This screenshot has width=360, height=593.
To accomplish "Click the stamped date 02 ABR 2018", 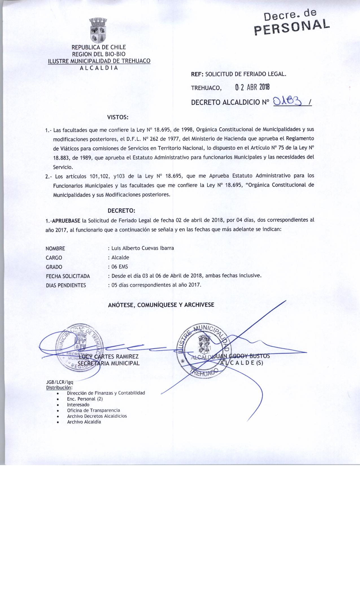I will pos(252,87).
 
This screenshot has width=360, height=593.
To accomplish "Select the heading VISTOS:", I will pos(118,117).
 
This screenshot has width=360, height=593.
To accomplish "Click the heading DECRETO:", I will pos(121,211).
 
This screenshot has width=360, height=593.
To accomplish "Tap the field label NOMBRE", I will pos(55,248).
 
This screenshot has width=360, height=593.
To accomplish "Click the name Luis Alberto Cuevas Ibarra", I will pos(143,248).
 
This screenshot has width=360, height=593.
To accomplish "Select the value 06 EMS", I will pos(120,267).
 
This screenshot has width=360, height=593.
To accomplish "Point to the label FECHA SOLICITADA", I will pos(68,276).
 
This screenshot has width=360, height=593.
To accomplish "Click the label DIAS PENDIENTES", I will pos(66,285).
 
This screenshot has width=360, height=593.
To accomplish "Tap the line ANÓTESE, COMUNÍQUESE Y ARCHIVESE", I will pos(161,305).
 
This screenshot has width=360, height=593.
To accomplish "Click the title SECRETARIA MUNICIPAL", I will pos(109,363).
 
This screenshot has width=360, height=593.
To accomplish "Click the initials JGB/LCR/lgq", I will pos(60,382).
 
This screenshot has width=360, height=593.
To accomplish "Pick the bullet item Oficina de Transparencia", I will pos(93,410).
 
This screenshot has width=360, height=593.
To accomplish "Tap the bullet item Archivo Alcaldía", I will pos(84,422).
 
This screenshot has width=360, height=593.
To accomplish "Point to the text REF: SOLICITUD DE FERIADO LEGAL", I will pos(239,75).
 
